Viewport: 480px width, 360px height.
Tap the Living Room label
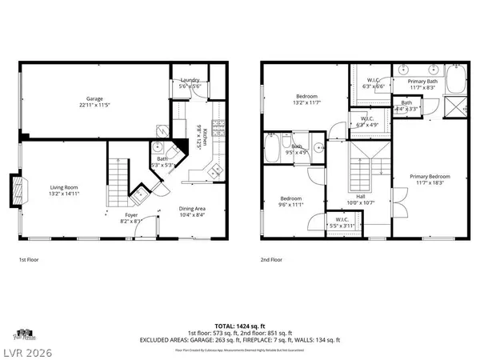tap(63, 190)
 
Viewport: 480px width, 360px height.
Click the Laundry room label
tap(190, 82)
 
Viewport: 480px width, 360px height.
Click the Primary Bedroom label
tap(430, 179)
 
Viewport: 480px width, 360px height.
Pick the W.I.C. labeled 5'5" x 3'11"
tap(339, 222)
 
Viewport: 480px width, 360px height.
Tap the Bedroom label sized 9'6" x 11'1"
tap(290, 201)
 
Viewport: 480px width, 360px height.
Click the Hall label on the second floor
tap(361, 199)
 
